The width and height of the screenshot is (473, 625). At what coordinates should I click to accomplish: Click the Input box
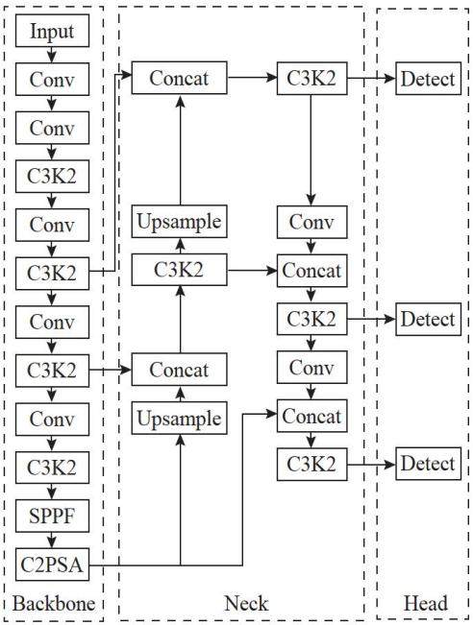point(52,31)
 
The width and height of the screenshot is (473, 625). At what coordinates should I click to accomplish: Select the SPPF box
point(52,516)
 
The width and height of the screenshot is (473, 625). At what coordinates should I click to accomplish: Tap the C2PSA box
point(52,565)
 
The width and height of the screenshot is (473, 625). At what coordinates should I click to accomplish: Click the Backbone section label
point(54,603)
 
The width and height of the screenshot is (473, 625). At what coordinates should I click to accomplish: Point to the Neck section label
point(246,603)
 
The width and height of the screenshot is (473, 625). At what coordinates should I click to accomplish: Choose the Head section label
point(426,603)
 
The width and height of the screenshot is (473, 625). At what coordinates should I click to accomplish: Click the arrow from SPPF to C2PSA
point(52,541)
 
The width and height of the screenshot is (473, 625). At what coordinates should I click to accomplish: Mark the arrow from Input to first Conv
point(52,55)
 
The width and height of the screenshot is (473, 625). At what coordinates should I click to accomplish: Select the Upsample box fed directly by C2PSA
point(180,419)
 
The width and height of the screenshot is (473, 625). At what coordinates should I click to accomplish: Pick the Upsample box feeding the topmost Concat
point(180,222)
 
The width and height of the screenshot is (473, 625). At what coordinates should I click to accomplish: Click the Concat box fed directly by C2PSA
point(312,416)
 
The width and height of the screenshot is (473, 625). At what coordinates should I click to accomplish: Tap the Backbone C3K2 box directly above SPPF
point(52,468)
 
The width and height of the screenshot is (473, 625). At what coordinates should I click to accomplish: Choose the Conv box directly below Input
point(52,79)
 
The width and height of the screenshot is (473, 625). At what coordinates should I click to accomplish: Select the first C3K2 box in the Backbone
point(52,176)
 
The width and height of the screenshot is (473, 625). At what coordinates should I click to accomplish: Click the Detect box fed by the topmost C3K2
point(428,79)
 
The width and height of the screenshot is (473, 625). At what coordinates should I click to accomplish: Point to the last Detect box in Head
point(428,464)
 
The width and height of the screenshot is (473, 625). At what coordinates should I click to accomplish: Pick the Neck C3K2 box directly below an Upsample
point(180,270)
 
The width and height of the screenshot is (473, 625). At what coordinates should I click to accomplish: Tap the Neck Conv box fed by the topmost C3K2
point(312,222)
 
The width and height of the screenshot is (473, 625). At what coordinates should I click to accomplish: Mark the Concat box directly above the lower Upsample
point(180,370)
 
